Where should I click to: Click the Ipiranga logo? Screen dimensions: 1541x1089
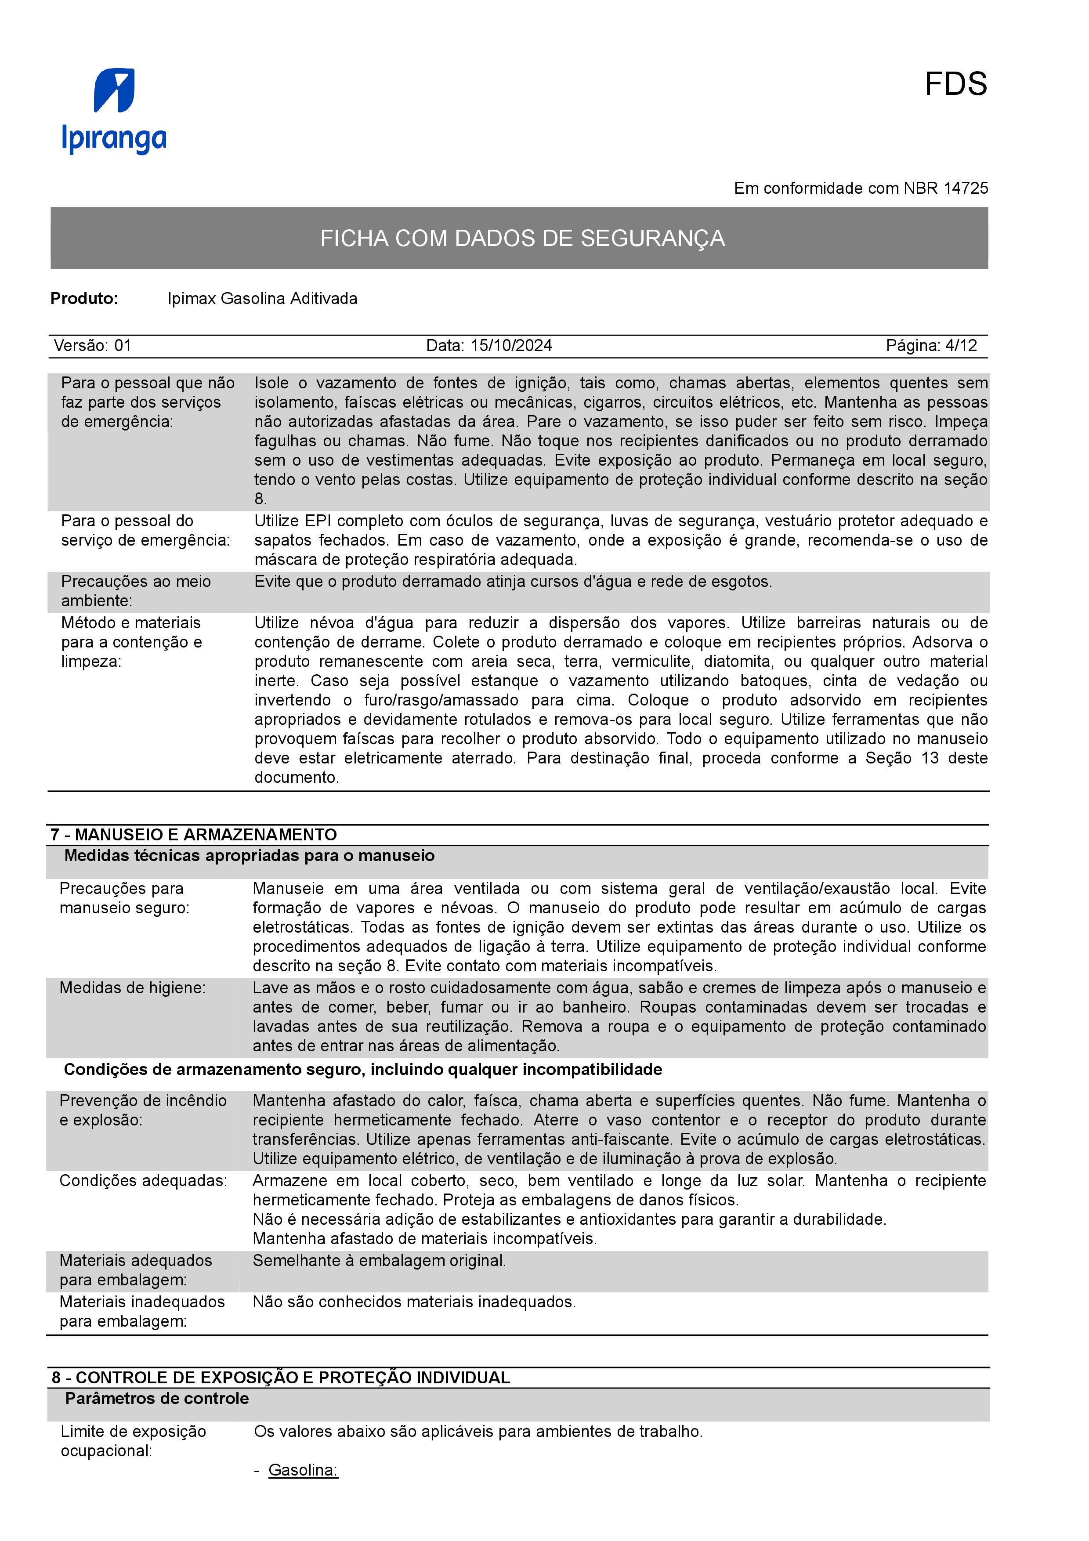coord(114,111)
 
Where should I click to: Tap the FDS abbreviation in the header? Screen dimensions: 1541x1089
coord(955,85)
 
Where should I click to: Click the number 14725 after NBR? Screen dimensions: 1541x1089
coord(966,188)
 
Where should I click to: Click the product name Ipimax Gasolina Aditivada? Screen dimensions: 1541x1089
coord(262,299)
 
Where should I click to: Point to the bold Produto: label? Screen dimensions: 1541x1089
coord(84,299)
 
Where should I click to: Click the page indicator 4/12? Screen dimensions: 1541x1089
coord(961,346)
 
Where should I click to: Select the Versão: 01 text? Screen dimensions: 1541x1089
coord(93,346)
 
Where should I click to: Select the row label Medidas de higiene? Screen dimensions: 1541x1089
coord(132,988)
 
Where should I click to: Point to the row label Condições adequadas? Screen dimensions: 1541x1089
coord(143,1181)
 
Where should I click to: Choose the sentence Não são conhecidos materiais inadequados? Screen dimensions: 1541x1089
coord(414,1302)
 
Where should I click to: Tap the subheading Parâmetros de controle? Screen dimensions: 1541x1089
coord(157,1398)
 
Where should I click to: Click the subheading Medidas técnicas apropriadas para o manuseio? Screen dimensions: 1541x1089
coord(250,856)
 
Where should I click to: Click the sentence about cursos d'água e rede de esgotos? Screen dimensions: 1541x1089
coord(513,582)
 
